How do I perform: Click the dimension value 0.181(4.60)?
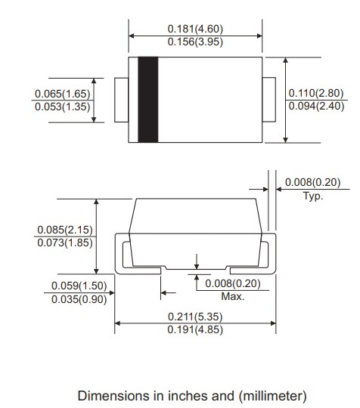pos(195,29)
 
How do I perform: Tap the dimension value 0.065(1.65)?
pos(62,93)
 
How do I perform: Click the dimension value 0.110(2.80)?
pos(315,93)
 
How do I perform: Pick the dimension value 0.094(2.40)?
pos(315,106)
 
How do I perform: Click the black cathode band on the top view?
pos(147,99)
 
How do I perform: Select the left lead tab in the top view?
pos(122,99)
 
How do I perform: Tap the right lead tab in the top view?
pos(268,99)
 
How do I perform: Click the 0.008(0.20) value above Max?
pos(232,283)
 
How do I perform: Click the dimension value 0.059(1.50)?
pos(79,286)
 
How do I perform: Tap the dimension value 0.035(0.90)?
pos(79,299)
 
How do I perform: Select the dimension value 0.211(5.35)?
pos(195,317)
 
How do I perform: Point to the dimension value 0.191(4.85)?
pos(195,330)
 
